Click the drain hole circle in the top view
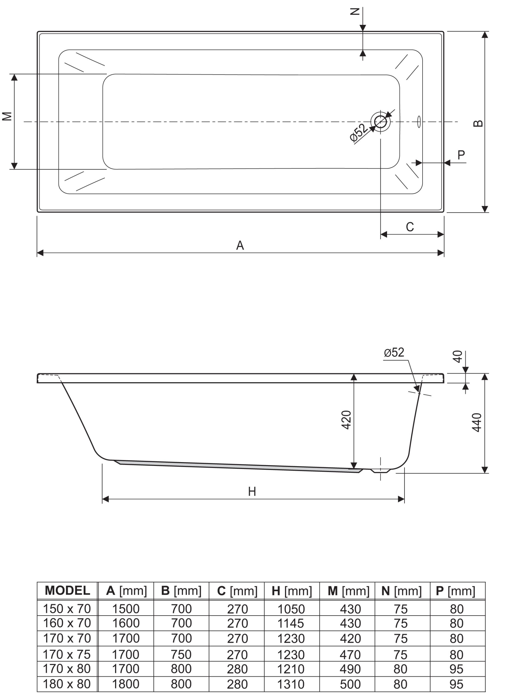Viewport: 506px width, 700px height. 381,122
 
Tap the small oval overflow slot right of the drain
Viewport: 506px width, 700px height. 419,121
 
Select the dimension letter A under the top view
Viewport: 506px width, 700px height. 240,246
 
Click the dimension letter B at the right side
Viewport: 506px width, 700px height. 478,123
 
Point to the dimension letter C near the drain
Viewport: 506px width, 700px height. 410,227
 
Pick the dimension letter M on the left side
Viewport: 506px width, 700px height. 7,116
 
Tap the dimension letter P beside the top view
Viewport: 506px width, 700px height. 461,155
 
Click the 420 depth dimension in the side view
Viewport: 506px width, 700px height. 346,420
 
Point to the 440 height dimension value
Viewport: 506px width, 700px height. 477,422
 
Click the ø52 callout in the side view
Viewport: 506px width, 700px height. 394,352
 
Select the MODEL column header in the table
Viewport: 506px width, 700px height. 67,590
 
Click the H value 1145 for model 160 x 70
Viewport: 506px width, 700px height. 291,623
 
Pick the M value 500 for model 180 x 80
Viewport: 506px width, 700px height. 350,684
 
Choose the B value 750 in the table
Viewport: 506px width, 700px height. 181,655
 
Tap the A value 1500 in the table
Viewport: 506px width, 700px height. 126,609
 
